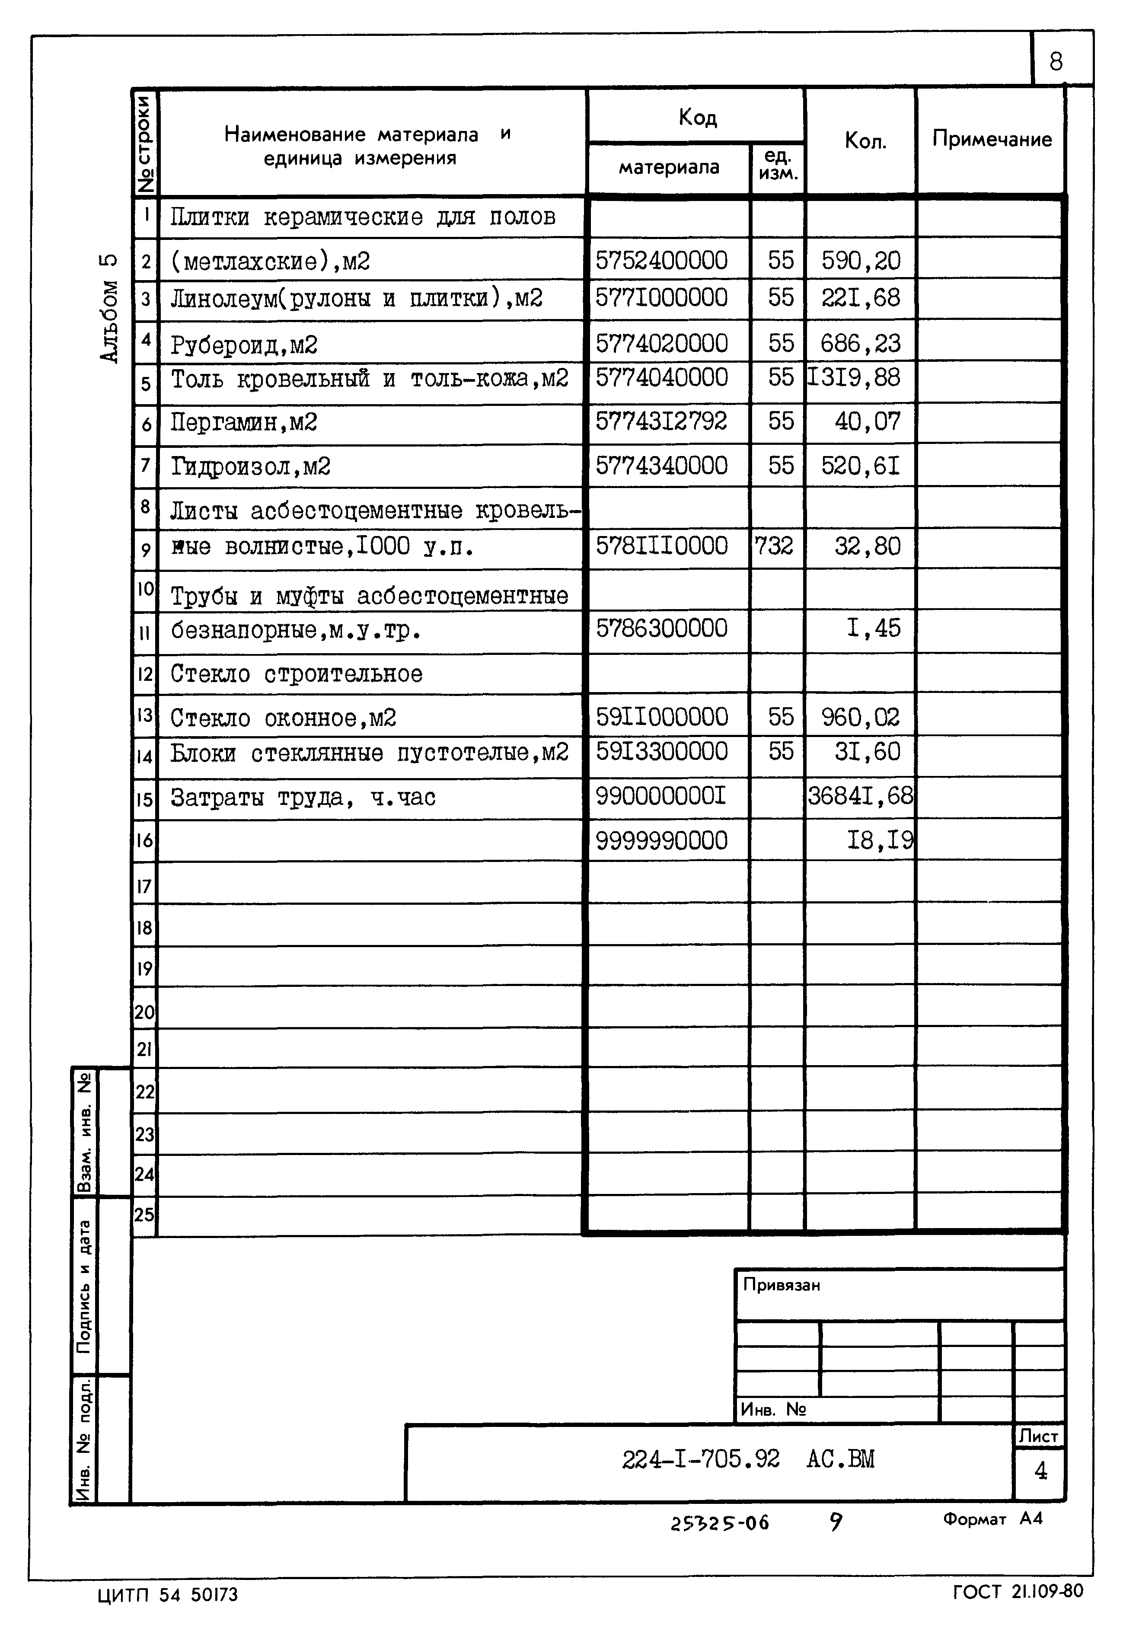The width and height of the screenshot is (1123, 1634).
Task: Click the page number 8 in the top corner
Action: point(1056,62)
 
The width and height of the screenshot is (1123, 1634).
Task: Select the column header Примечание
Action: point(992,139)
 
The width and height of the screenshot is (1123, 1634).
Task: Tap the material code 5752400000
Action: point(661,260)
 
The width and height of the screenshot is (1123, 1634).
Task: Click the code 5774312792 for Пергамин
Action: point(661,421)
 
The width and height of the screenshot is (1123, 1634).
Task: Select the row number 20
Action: point(144,1013)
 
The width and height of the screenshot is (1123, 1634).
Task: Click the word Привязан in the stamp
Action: point(781,1286)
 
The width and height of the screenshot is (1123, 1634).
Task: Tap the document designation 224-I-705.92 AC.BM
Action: point(747,1460)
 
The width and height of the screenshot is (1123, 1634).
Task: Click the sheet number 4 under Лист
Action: point(1040,1471)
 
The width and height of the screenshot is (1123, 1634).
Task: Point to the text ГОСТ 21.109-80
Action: point(1018,1592)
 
